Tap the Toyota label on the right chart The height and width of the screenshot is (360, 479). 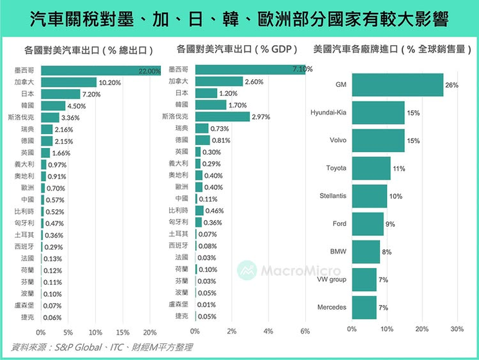(x=336, y=168)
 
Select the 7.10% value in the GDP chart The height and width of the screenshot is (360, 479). (x=302, y=69)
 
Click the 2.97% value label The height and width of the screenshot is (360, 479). (x=261, y=117)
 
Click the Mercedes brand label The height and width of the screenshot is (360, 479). (x=332, y=307)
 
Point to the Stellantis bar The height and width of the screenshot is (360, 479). (x=368, y=196)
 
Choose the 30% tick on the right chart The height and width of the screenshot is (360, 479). (x=456, y=328)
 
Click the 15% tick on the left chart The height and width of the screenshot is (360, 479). (x=122, y=333)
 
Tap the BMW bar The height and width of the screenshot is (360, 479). (x=365, y=251)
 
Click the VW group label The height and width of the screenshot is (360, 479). (x=332, y=279)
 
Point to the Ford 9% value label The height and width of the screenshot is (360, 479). (x=390, y=224)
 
